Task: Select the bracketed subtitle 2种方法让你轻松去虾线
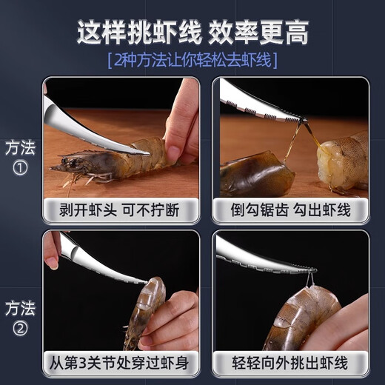(x=192, y=59)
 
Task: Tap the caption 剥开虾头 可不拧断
(x=119, y=210)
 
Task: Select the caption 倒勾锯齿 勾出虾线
(x=290, y=210)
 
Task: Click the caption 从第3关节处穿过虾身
(x=119, y=364)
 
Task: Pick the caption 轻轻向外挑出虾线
(x=290, y=364)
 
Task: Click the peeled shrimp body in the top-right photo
(x=342, y=160)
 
